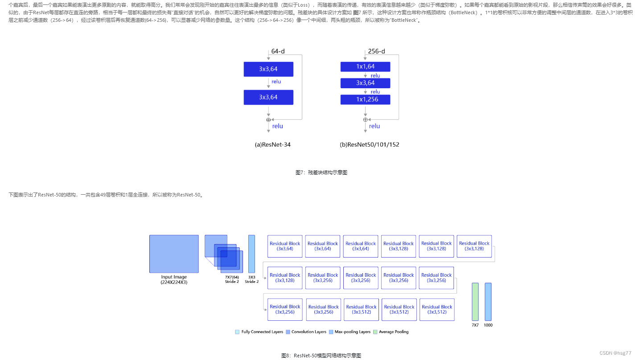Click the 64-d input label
[x=278, y=51]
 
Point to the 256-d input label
[x=376, y=51]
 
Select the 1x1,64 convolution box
[x=365, y=67]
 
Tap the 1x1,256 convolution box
[x=365, y=99]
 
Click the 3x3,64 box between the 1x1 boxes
[x=365, y=83]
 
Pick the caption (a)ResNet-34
[x=272, y=144]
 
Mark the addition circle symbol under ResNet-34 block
[x=268, y=119]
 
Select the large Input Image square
[x=174, y=254]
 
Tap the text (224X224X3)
[x=174, y=282]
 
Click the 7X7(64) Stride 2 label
[x=232, y=279]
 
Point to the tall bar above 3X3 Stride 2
[x=251, y=254]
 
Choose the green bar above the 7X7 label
[x=475, y=301]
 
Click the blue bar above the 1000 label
[x=488, y=301]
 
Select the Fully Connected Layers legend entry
[x=259, y=332]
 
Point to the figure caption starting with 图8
[x=321, y=355]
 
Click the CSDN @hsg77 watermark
[x=615, y=353]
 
